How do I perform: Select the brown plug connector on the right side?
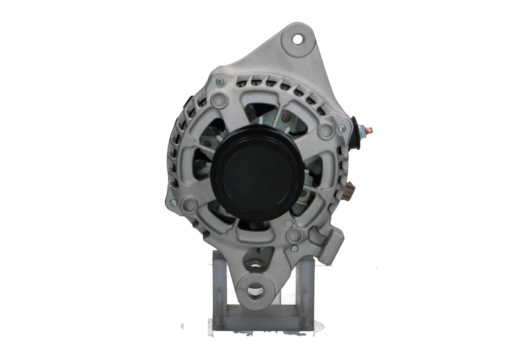click(349, 191)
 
